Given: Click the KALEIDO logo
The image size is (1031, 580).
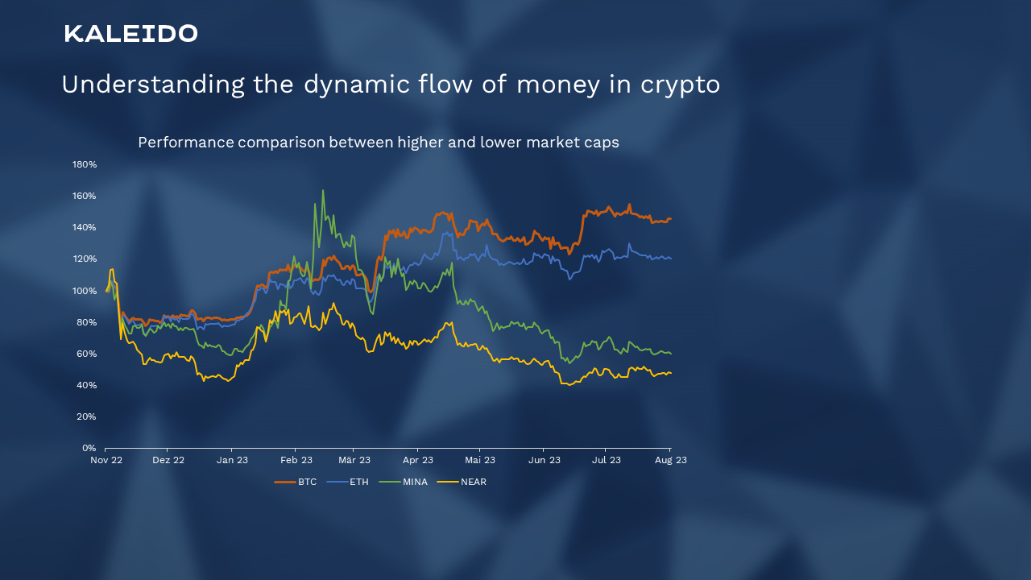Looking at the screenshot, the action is (130, 34).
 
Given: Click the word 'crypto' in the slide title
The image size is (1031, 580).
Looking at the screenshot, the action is (680, 85).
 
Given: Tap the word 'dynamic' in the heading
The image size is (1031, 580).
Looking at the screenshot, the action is (357, 85).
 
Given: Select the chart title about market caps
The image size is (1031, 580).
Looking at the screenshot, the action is (379, 143).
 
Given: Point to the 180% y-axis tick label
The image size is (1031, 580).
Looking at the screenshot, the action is (85, 164).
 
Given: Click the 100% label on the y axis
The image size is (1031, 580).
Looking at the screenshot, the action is (85, 291).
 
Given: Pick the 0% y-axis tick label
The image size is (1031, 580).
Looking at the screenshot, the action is (89, 448).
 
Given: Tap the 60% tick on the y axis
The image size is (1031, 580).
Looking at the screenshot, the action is (86, 354).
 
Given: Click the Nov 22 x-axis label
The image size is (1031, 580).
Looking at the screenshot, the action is (106, 460).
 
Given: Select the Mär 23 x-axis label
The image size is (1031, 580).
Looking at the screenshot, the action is (354, 460).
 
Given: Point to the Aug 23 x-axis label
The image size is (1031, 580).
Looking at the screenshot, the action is (671, 460).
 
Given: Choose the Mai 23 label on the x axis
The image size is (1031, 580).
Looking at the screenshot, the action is (479, 460).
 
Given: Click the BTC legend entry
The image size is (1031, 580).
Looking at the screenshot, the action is (296, 482).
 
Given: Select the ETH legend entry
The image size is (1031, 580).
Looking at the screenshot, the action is (347, 482).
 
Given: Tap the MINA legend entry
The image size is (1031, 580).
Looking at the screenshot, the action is (404, 482).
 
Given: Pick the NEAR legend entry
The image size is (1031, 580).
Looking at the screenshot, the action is (462, 482).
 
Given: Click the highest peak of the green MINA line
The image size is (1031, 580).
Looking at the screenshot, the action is (323, 190).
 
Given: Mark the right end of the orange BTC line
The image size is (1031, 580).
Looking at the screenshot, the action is (671, 218).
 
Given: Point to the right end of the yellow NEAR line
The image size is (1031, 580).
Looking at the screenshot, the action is (671, 373).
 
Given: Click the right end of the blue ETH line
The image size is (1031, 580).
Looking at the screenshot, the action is (671, 259).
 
